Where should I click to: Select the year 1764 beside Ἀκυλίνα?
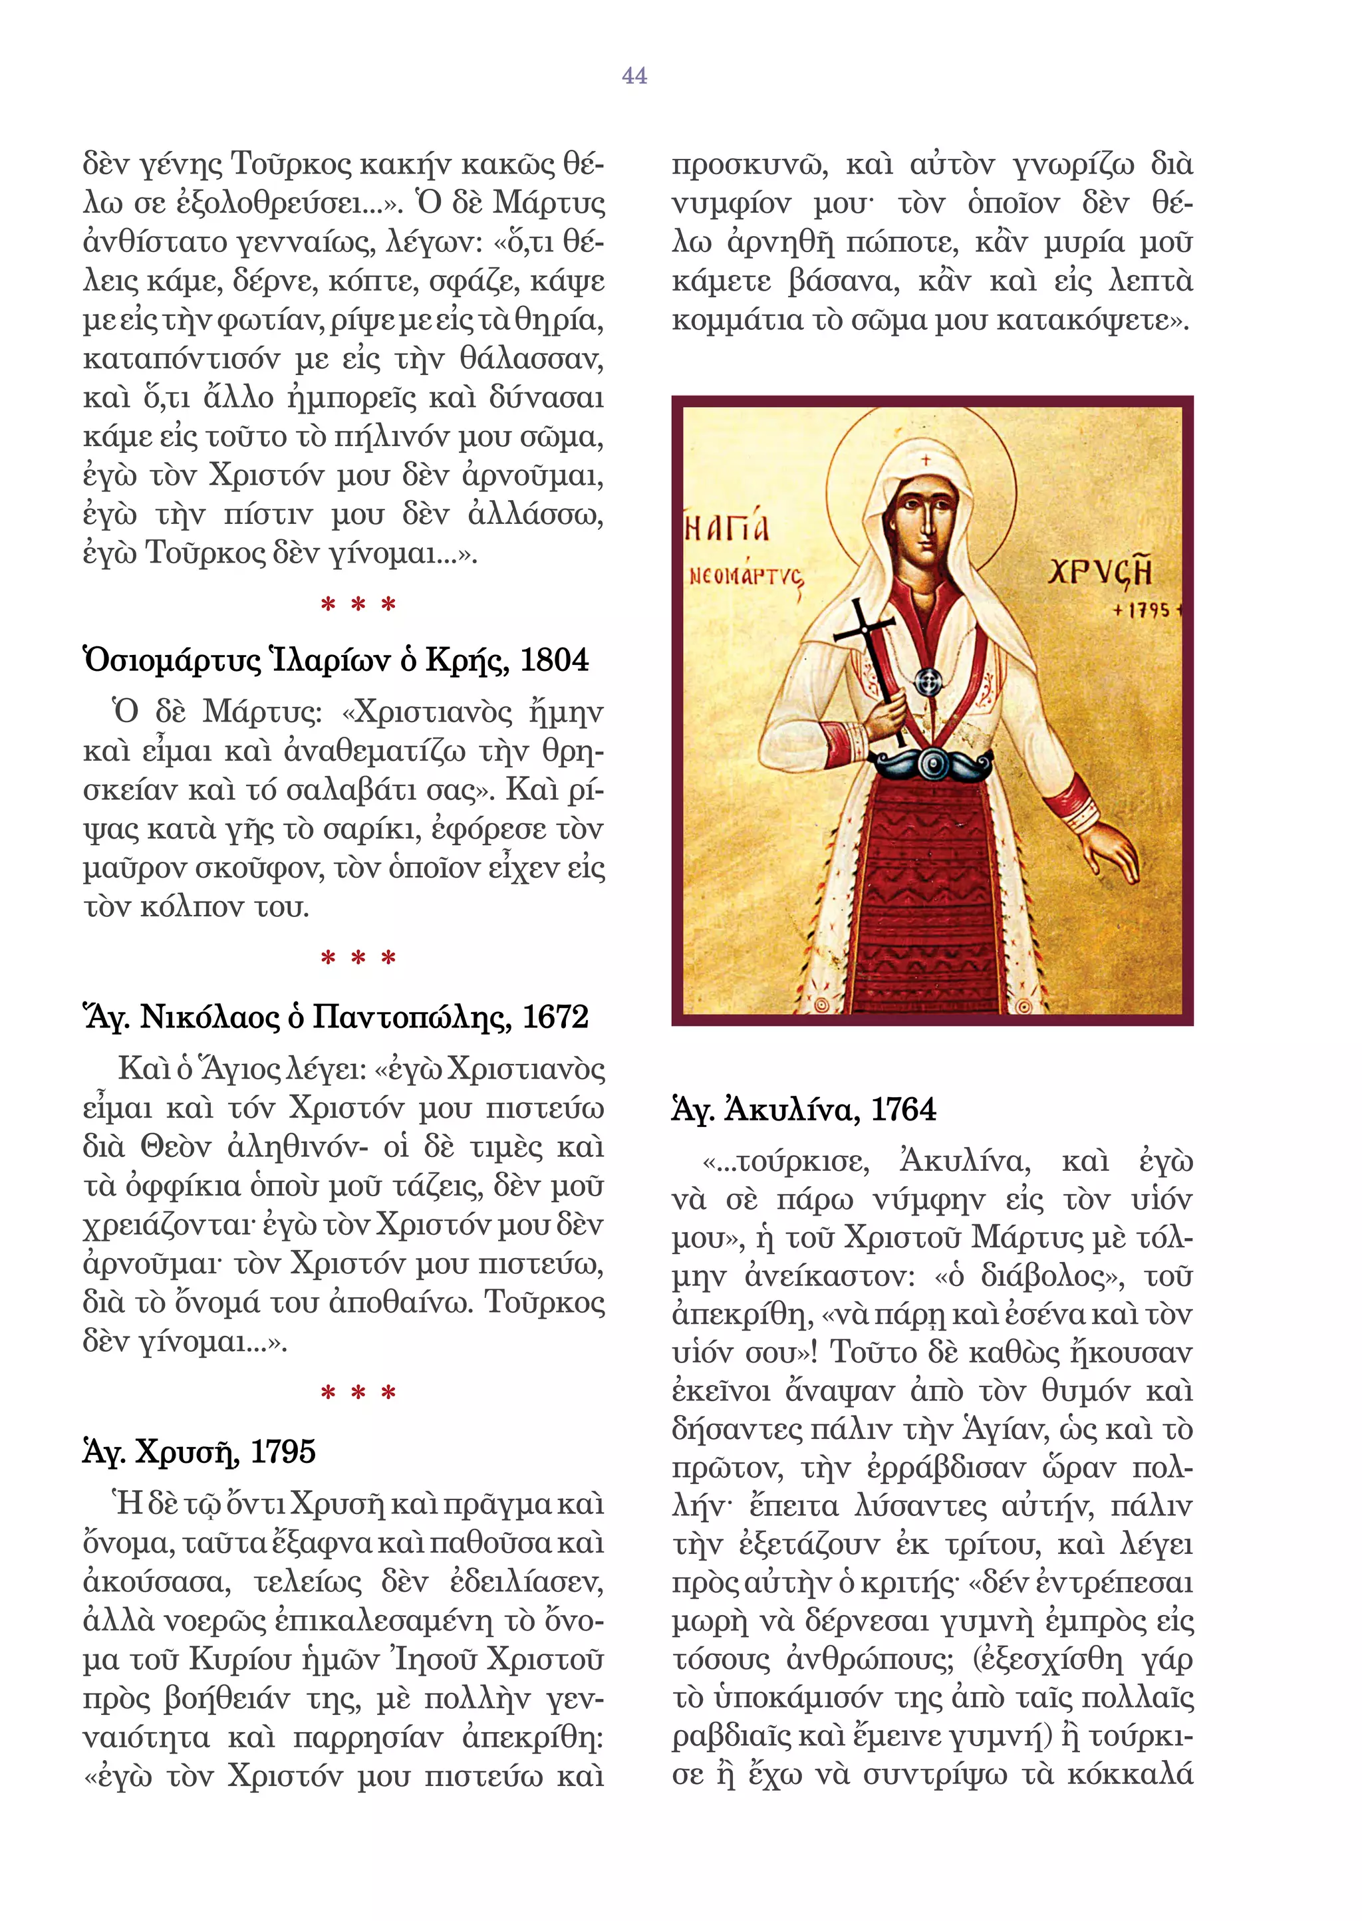pos(902,1109)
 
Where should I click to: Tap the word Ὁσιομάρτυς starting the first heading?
pos(173,661)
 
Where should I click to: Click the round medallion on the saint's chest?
pos(926,682)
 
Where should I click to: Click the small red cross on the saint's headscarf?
pos(926,460)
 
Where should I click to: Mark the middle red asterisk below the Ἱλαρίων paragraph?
pos(358,958)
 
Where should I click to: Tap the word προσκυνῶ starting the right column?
pos(749,164)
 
